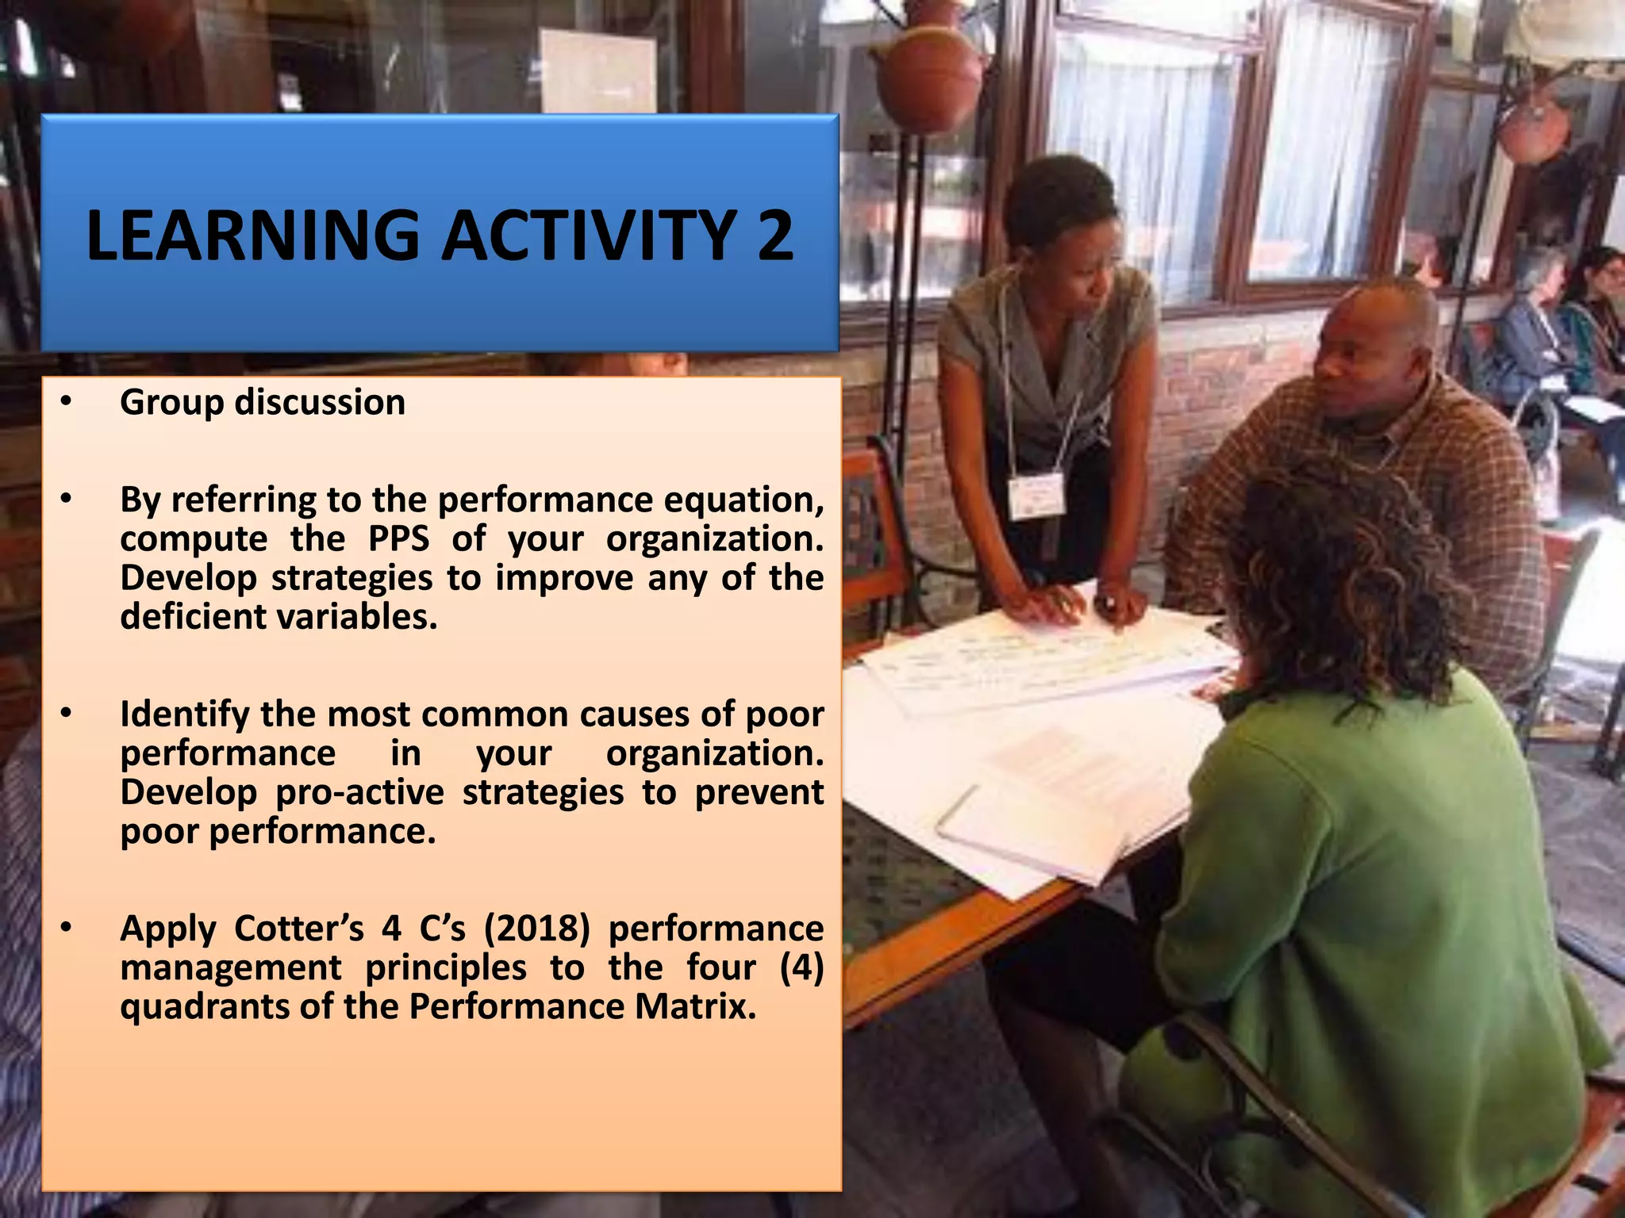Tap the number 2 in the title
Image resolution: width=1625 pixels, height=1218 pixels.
click(774, 236)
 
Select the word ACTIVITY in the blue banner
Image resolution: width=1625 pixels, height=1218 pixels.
click(588, 236)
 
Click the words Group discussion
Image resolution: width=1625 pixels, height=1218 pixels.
click(262, 403)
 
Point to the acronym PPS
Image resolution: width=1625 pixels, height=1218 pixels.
click(398, 539)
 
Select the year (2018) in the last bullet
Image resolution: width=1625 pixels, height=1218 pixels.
click(537, 929)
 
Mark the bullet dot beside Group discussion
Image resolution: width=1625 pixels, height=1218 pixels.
click(66, 403)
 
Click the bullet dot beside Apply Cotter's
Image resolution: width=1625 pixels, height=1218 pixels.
click(66, 929)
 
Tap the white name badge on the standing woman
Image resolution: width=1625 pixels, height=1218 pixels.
click(1035, 496)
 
